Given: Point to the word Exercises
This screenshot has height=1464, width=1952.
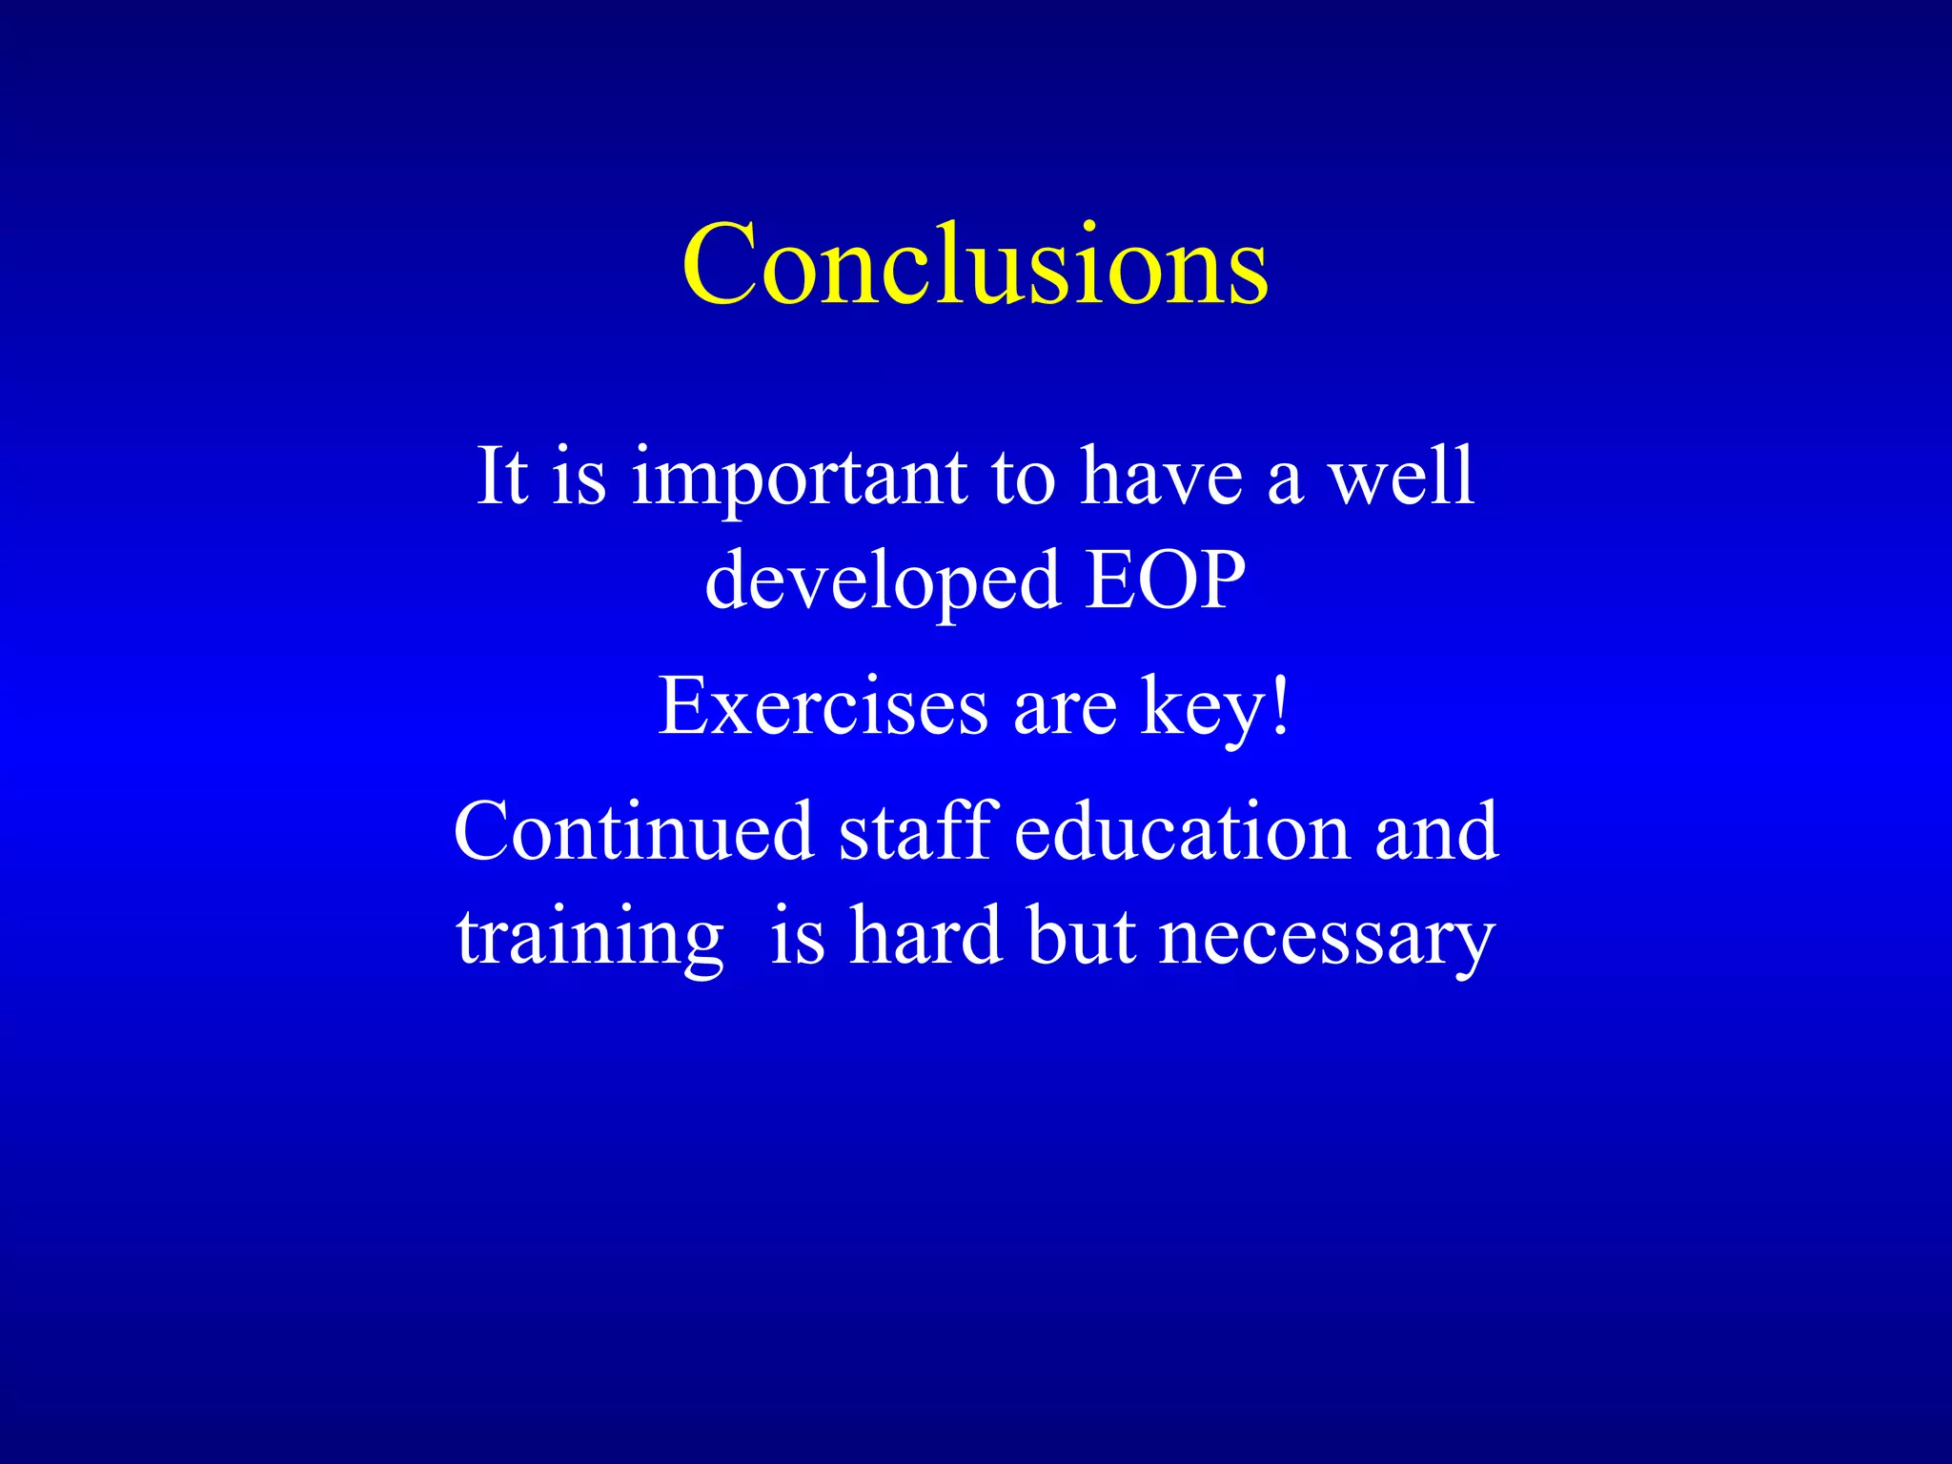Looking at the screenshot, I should pos(823,706).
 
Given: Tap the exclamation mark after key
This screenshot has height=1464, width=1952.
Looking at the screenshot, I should pos(1281,706).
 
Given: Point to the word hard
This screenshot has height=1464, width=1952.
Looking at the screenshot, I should pos(925,935).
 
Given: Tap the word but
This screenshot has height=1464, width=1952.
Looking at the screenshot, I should pos(1081,935).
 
